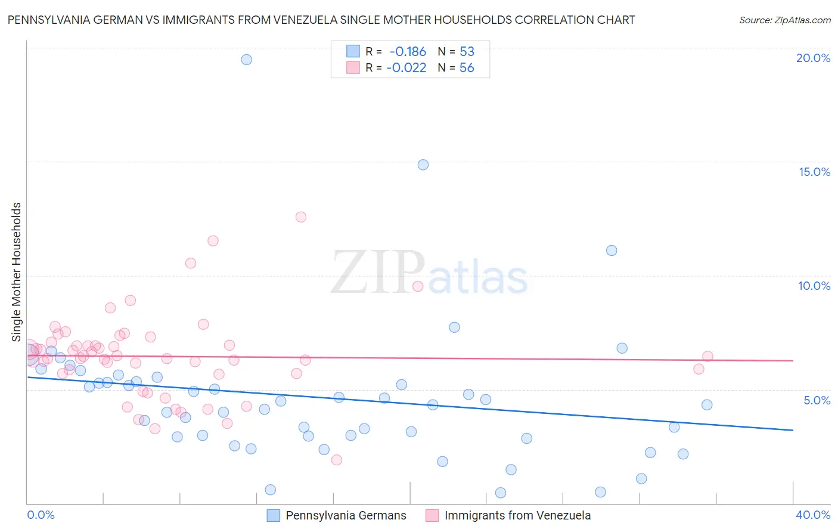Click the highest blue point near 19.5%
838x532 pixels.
[x=246, y=60]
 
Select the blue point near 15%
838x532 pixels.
[x=423, y=165]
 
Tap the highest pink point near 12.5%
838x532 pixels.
[x=301, y=217]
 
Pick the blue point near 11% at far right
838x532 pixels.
[x=612, y=250]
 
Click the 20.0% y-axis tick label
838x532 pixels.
[x=813, y=58]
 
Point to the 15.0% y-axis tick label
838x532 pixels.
[x=814, y=172]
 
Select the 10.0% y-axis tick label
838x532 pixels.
[x=814, y=286]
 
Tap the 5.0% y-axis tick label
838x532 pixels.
[x=817, y=400]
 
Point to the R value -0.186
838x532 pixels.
[x=408, y=52]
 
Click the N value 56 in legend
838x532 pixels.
[x=467, y=68]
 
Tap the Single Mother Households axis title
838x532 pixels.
[x=17, y=272]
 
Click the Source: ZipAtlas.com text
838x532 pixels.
[x=784, y=20]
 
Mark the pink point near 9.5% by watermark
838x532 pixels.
[x=418, y=286]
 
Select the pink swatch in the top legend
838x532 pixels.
[x=353, y=68]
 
